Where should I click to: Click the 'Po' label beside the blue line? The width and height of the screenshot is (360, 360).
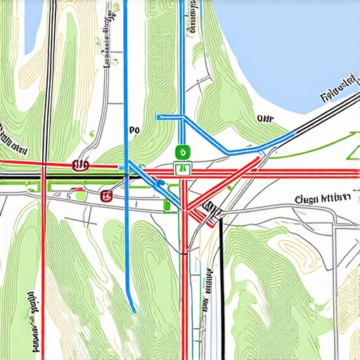point(136,130)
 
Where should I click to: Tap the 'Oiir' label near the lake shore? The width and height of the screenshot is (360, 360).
point(264,119)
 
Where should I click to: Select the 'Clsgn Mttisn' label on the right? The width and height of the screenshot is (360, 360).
point(323,198)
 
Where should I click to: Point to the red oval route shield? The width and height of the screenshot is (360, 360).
point(81,165)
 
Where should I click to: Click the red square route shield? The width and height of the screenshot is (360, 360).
point(106,195)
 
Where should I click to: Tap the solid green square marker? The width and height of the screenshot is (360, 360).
point(181,151)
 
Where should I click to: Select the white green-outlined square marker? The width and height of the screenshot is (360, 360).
point(181,168)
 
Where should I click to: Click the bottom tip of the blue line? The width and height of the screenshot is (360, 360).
point(133,310)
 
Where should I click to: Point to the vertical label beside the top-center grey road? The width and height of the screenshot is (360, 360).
point(109,39)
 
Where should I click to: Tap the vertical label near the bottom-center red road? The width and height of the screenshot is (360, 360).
point(208,288)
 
